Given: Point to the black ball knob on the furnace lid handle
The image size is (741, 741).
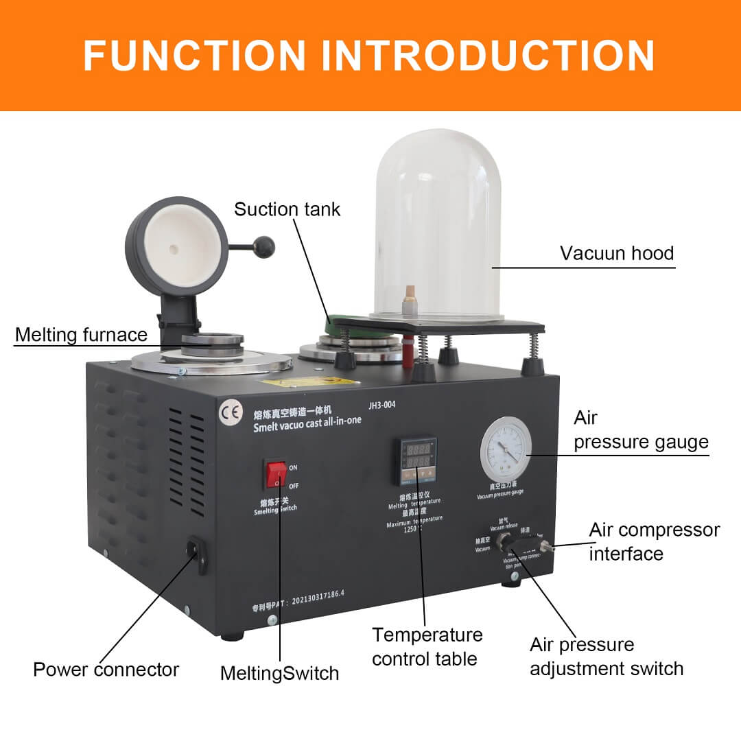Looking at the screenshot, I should point(263,246).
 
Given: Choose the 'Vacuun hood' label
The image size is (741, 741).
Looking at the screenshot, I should point(617,253).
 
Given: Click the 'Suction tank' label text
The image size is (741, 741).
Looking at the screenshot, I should point(287,209).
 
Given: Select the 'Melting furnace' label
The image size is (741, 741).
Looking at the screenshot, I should point(81,335).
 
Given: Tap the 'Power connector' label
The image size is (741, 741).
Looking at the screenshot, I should point(106,670).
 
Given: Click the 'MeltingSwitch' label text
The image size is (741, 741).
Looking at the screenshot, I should point(279,673).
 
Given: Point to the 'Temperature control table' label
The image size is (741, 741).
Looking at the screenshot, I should point(427,647).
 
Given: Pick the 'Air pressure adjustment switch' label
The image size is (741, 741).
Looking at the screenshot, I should point(607,657).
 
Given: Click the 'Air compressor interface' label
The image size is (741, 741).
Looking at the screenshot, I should point(654,541).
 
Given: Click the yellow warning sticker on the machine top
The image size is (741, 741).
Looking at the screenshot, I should point(310,381).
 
